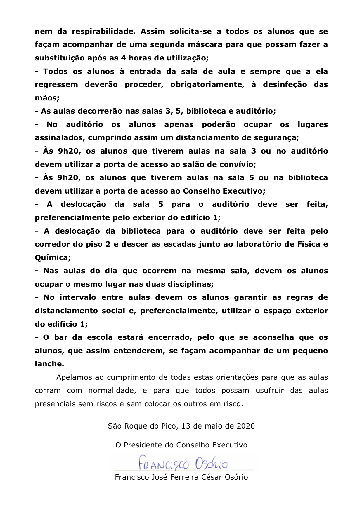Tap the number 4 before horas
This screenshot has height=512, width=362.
pos(123,58)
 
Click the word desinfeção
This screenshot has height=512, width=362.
pos(285,85)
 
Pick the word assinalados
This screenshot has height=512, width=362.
pos(60,138)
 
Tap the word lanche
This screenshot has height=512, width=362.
pos(49,364)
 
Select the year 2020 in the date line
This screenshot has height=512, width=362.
pos(246,426)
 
